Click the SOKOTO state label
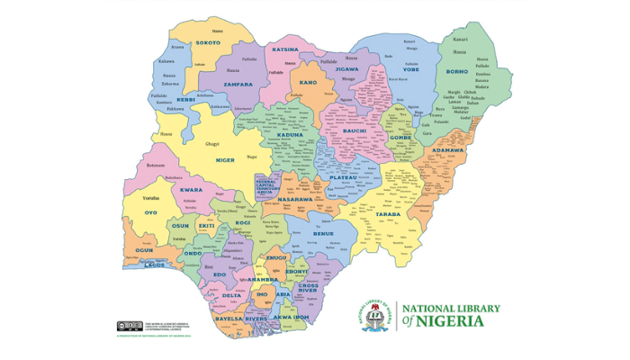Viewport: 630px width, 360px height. (208, 42)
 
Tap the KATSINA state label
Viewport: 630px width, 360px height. (285, 49)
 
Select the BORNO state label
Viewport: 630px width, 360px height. (458, 70)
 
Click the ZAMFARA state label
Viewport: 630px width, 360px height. (238, 82)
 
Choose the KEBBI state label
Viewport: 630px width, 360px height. (185, 100)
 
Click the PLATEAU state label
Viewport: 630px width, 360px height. (343, 178)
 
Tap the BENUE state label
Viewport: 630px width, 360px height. (322, 233)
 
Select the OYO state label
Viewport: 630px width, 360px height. (149, 212)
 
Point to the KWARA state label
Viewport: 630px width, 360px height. (190, 191)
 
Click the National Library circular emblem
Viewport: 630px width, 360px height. (378, 315)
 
